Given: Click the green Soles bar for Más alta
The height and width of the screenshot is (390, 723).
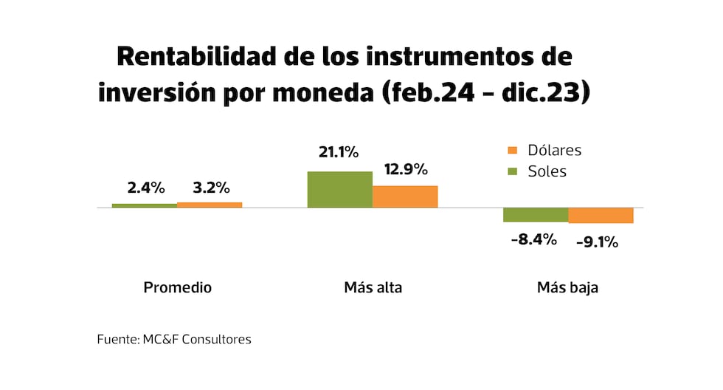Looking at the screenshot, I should click(339, 189).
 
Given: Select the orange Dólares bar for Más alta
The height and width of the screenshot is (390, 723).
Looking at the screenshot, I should click(405, 196).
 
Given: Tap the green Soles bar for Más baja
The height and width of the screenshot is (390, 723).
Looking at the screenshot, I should click(536, 215).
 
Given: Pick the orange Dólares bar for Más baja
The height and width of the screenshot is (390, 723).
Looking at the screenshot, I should click(601, 216).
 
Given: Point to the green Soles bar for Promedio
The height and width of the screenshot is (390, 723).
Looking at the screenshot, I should click(145, 205).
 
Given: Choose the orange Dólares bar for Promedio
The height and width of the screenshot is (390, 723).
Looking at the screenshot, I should click(210, 205).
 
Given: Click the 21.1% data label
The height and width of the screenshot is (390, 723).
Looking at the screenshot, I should click(339, 153).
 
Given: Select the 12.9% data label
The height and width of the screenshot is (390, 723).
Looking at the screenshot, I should click(406, 169).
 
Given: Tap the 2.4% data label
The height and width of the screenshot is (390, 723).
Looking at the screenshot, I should click(146, 188).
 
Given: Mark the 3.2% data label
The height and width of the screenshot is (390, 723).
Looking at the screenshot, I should click(211, 188).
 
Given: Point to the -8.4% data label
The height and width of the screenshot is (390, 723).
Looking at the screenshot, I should click(533, 239).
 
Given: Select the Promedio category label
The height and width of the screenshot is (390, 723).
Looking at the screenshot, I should click(177, 287).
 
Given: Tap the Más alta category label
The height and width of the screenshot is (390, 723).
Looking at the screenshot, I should click(373, 287).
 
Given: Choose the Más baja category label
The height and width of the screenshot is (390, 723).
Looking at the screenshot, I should click(567, 287).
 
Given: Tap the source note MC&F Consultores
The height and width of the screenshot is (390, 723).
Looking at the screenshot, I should click(174, 340).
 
